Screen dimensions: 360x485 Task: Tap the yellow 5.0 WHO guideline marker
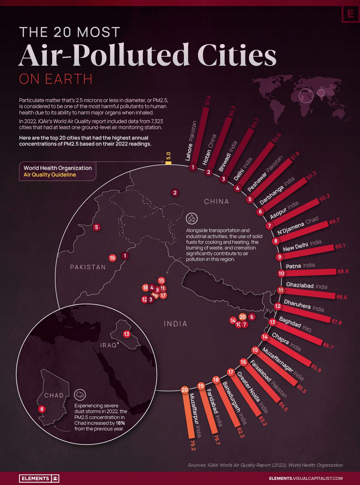[x=168, y=162]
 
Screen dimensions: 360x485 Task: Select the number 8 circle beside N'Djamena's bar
[x=275, y=241]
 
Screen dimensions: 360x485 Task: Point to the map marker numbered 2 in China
[x=175, y=193]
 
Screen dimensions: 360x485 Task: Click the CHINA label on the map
[x=216, y=201]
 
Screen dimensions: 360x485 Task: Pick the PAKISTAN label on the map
[x=88, y=267]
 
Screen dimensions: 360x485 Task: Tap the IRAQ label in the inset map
[x=108, y=345]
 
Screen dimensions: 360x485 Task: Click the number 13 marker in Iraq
[x=127, y=334]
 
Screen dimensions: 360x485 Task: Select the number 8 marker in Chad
[x=42, y=409]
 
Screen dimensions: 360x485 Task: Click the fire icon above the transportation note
[x=192, y=219]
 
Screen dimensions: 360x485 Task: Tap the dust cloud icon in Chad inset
[x=80, y=395]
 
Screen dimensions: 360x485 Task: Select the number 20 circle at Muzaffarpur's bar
[x=184, y=390]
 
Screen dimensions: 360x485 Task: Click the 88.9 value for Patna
[x=343, y=271]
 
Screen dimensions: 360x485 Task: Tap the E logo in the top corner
[x=350, y=14]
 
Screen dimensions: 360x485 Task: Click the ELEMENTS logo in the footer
[x=39, y=478]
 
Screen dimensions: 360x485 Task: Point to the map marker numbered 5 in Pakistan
[x=97, y=227]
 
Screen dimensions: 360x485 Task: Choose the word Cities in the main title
[x=237, y=55]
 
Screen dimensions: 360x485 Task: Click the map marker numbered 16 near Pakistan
[x=112, y=258]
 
